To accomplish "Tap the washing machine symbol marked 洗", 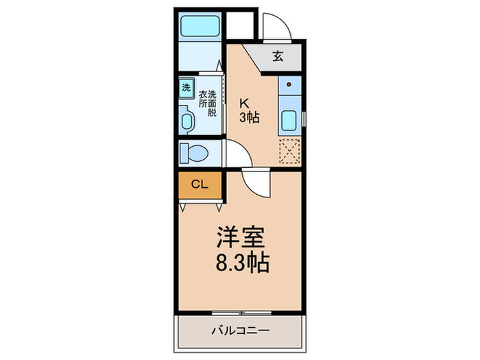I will [x=186, y=88].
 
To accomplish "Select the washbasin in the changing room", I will [x=187, y=121].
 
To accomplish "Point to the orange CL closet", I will [x=200, y=184].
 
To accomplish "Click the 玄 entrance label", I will [x=278, y=57].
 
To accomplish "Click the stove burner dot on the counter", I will [x=289, y=86].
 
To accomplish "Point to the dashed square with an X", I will [x=289, y=152].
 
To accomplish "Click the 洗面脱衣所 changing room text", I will [x=208, y=104].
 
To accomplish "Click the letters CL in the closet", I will [x=200, y=184].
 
